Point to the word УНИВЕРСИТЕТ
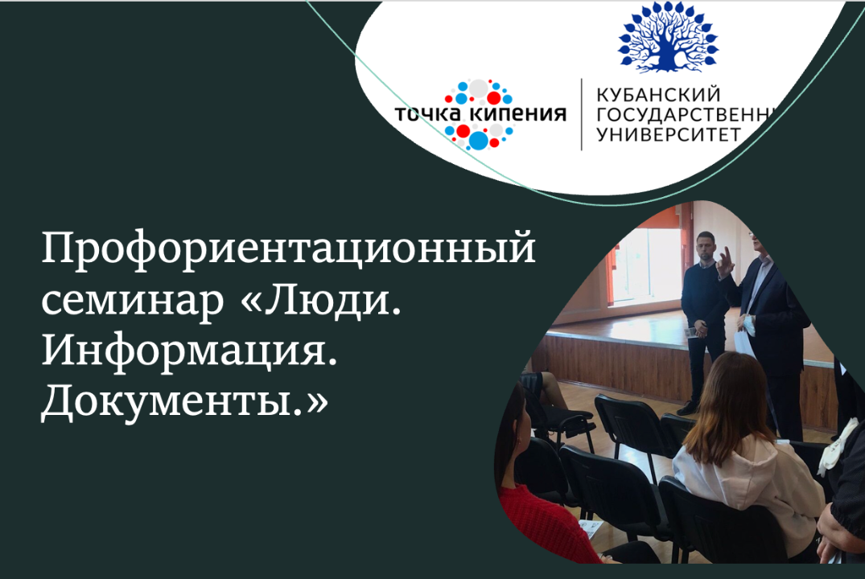[x=667, y=134]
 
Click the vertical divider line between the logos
[x=582, y=114]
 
